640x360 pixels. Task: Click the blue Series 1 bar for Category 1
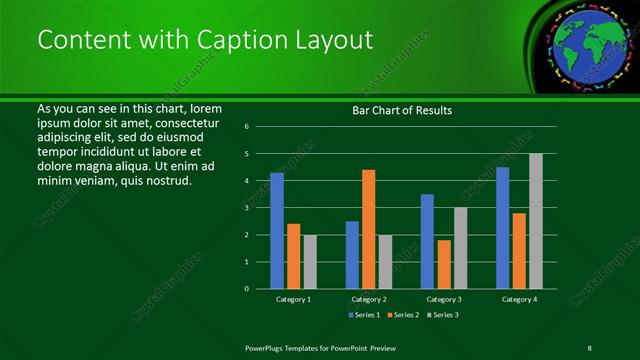[277, 231]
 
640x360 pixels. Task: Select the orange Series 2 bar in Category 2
[369, 229]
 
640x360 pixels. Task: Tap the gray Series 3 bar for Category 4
[536, 221]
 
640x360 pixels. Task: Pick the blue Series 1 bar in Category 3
[427, 241]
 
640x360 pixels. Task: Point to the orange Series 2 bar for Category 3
[444, 264]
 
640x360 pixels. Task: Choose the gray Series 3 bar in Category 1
[310, 262]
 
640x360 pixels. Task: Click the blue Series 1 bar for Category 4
[502, 228]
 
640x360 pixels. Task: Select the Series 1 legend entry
[364, 315]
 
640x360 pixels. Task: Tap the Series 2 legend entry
[403, 315]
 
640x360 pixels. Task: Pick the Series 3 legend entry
[442, 315]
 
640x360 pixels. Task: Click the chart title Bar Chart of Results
[402, 110]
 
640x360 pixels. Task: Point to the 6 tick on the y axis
[246, 127]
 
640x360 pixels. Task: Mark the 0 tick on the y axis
[246, 289]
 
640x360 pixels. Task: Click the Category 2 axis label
[368, 299]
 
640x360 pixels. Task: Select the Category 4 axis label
[518, 299]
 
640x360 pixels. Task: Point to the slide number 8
[590, 347]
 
